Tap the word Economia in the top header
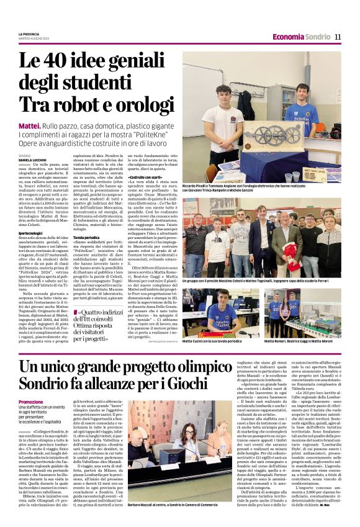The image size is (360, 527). click(289, 37)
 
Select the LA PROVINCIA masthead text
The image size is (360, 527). click(29, 34)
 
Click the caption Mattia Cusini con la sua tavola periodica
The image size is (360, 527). click(216, 341)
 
